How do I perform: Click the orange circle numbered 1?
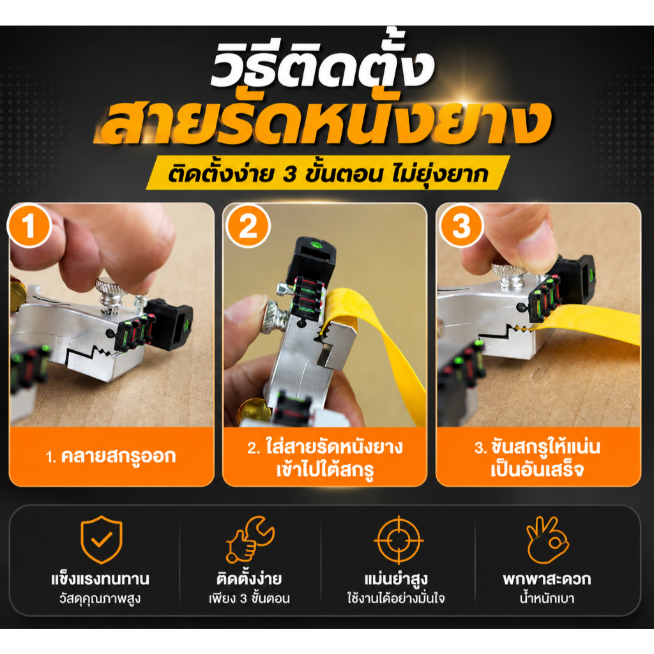pos(29,226)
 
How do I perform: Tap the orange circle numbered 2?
pos(248,226)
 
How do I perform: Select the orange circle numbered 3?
pos(461,226)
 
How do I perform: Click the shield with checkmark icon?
pos(102,539)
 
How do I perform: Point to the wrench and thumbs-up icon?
pos(250,540)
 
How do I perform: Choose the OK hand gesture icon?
pos(547,540)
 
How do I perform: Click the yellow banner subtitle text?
pos(328,174)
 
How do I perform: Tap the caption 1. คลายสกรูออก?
pos(111,456)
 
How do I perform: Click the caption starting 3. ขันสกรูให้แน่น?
pos(537,458)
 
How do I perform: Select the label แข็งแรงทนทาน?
pos(100,579)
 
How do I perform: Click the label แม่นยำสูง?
pos(396,579)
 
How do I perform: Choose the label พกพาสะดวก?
pos(547,579)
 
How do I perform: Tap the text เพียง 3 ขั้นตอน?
pos(250,598)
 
